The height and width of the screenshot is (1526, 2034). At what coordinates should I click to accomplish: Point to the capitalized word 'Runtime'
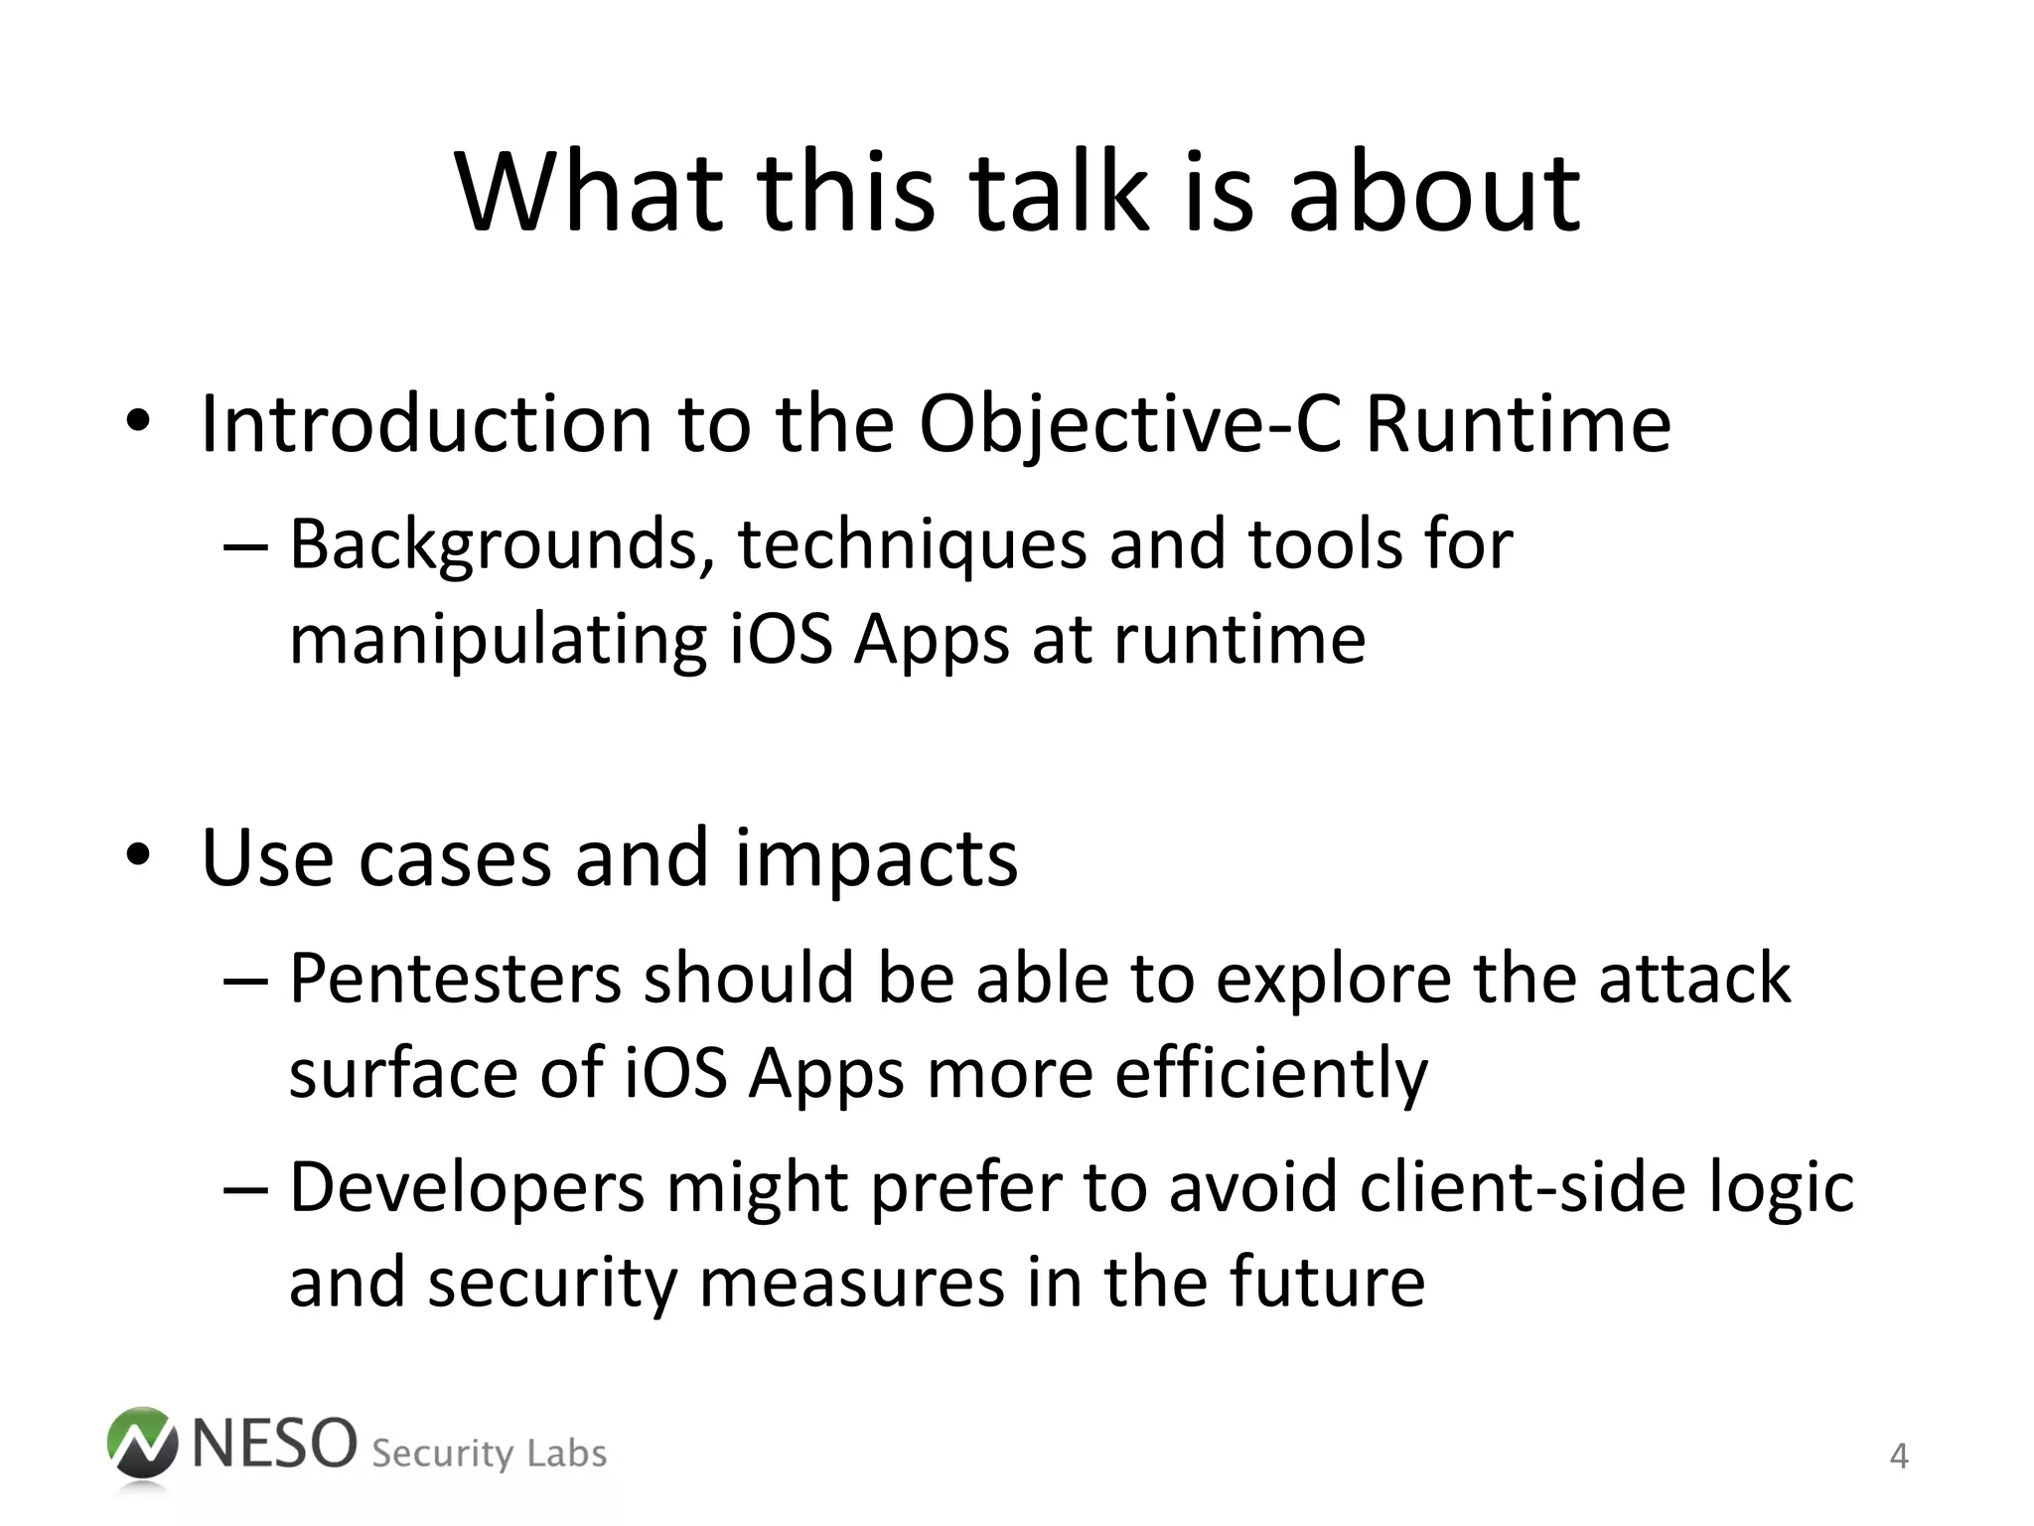click(x=1519, y=425)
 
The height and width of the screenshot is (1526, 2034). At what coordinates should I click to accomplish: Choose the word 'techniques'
click(x=912, y=546)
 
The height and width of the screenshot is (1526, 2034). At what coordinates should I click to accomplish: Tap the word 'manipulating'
click(x=498, y=641)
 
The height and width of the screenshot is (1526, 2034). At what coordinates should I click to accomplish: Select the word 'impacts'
click(x=876, y=859)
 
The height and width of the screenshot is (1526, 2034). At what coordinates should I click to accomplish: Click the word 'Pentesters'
click(x=455, y=979)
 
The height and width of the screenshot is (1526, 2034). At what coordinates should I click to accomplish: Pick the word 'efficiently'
click(x=1271, y=1075)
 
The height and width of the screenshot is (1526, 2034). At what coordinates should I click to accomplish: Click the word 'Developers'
click(x=467, y=1188)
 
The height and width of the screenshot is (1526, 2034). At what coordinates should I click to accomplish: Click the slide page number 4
click(x=1898, y=1456)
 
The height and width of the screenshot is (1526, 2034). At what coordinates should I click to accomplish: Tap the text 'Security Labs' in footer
click(x=489, y=1453)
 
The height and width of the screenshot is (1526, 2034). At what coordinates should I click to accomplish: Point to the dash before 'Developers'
click(x=245, y=1189)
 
